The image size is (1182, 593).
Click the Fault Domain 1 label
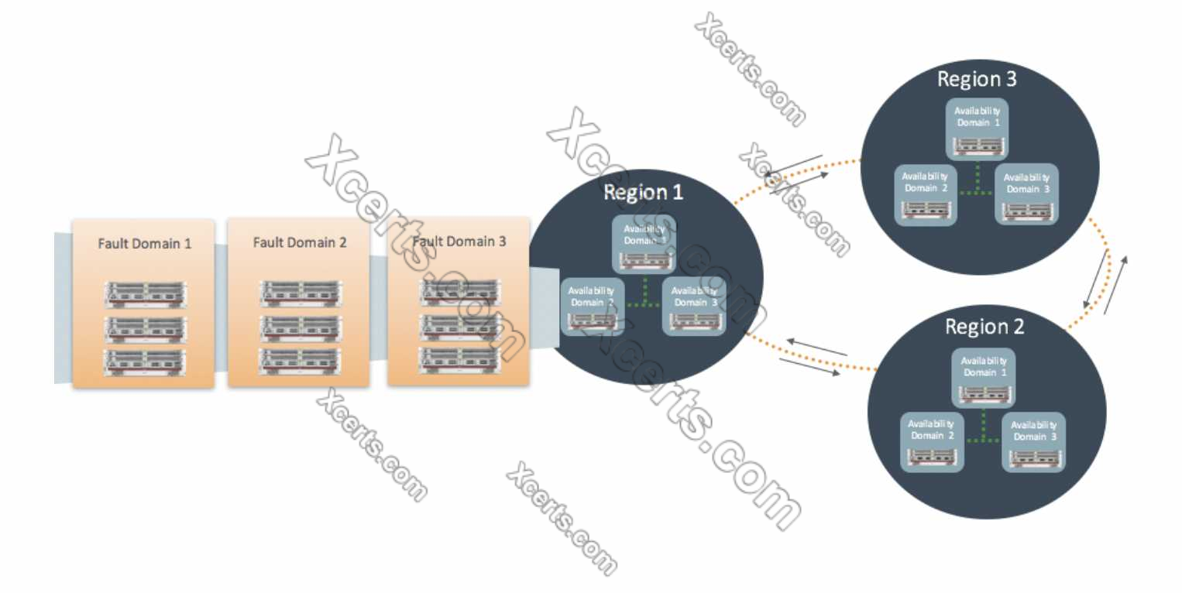click(144, 243)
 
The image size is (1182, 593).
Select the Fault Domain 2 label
click(300, 242)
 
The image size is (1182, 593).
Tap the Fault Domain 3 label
click(459, 242)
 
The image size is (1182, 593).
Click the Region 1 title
click(644, 192)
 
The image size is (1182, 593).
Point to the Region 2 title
click(984, 326)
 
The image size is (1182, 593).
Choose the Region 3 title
click(977, 78)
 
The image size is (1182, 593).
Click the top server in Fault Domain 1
click(145, 294)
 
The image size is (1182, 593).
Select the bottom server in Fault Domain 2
click(300, 360)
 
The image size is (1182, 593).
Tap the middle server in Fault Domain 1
click(145, 328)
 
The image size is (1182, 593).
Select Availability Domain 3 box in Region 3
click(1026, 194)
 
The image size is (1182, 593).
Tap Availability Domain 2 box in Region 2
click(932, 442)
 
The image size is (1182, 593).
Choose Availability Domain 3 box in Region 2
click(1033, 442)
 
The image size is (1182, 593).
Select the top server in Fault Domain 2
click(300, 293)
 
